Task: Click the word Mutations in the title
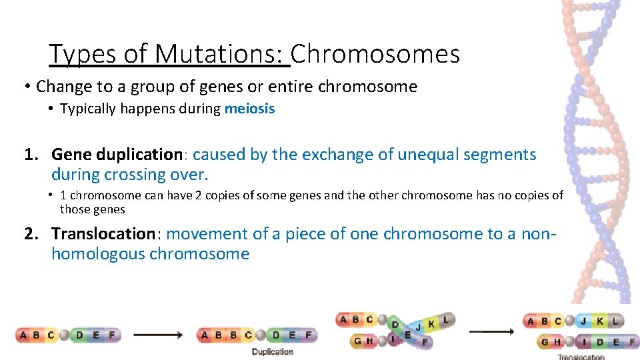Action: point(219,54)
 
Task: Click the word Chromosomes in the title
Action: point(375,54)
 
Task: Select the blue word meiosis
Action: point(249,109)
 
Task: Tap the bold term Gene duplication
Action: point(117,155)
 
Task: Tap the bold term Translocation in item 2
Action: point(103,233)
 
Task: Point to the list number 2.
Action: point(31,233)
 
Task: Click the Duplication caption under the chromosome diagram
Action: point(272,351)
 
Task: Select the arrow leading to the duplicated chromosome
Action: point(159,335)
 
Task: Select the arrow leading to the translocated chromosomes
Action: point(492,331)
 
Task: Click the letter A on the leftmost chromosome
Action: point(24,335)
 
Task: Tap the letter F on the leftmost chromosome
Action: point(111,335)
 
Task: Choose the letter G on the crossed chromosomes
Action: point(359,341)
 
